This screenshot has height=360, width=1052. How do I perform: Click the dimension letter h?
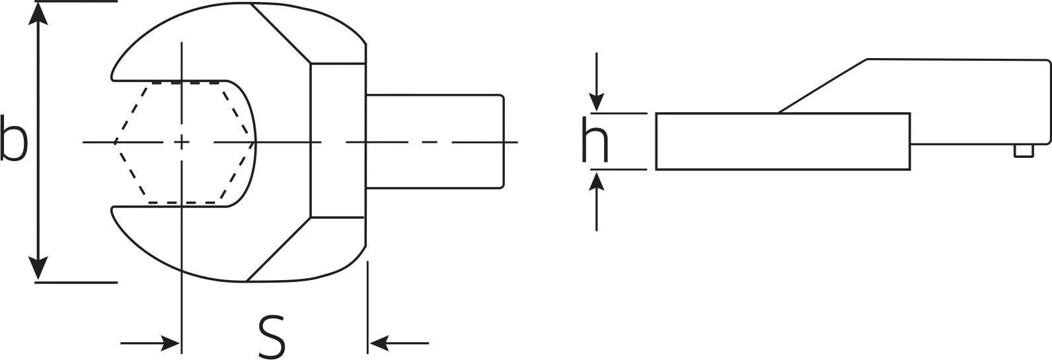click(595, 139)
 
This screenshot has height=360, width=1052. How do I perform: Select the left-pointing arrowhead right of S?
click(379, 343)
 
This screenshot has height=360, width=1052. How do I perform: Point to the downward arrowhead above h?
click(597, 102)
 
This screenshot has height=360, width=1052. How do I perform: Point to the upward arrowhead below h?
click(597, 181)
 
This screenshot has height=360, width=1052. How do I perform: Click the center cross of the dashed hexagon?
click(182, 142)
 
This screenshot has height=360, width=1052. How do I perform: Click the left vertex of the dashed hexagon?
click(114, 142)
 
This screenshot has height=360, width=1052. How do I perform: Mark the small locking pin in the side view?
click(1024, 151)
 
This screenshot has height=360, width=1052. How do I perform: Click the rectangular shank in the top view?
click(435, 142)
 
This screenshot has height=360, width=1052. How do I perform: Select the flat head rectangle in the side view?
click(783, 141)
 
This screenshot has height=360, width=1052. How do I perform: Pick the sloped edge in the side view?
click(823, 87)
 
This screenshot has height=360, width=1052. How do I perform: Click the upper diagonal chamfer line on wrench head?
click(282, 34)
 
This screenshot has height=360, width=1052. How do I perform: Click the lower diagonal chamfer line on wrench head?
click(279, 249)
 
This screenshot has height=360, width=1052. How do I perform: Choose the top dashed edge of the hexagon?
click(186, 83)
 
